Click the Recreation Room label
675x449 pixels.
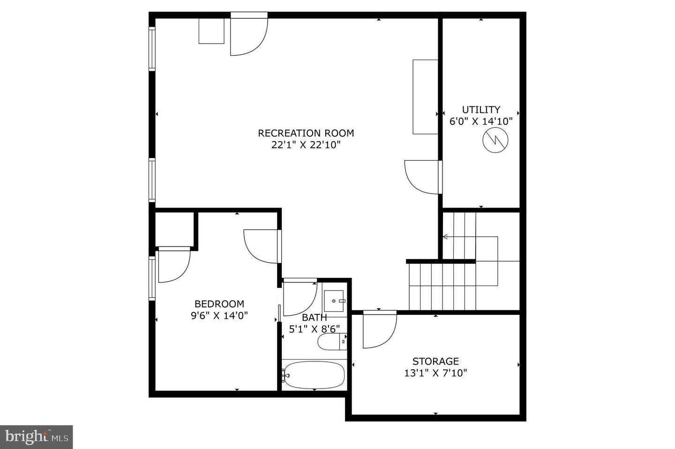[306, 133]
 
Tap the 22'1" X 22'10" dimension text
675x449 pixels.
[306, 145]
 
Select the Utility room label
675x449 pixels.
[481, 110]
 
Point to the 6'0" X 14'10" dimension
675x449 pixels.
[481, 121]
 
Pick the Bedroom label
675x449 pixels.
[219, 304]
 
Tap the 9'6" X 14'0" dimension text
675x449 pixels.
[219, 315]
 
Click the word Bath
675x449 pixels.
[314, 318]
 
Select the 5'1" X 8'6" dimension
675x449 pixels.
[314, 329]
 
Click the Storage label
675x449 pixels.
[435, 361]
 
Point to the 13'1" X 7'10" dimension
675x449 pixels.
[435, 373]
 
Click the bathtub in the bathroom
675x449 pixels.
[314, 374]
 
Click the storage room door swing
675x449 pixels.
[379, 330]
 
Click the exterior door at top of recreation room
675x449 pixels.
[248, 35]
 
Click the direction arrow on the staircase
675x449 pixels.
[446, 237]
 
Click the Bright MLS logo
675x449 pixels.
[36, 437]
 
